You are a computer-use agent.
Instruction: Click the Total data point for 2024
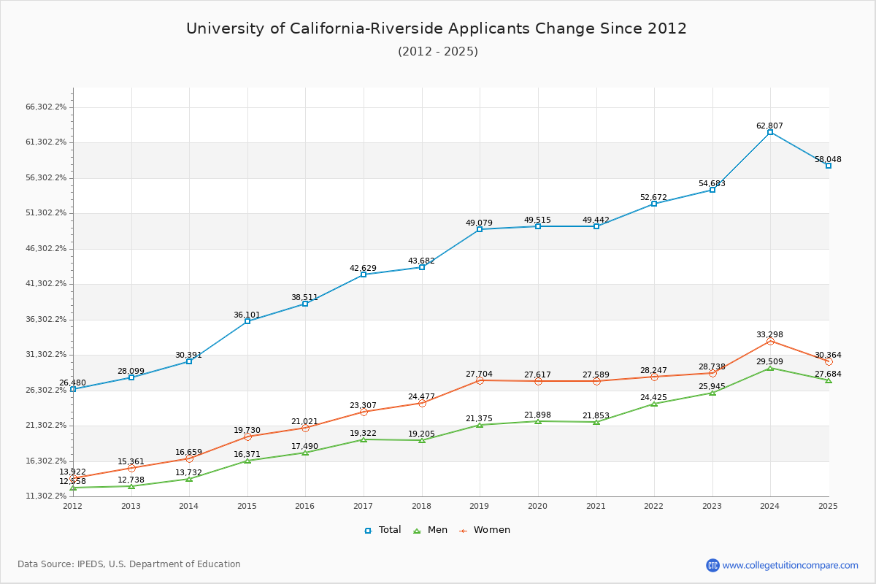click(770, 132)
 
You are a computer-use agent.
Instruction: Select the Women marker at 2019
click(480, 380)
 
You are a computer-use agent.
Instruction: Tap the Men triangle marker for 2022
click(654, 404)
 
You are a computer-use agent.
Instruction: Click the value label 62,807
click(769, 126)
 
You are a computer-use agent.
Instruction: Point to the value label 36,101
click(247, 315)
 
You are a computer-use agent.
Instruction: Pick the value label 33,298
click(769, 334)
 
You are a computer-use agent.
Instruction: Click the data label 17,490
click(304, 446)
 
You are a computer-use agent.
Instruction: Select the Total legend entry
click(383, 530)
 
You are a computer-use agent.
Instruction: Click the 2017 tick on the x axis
click(363, 505)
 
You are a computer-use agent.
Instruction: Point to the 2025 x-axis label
click(828, 505)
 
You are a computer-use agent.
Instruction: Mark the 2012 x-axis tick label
click(73, 505)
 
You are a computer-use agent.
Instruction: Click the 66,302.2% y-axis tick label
click(46, 107)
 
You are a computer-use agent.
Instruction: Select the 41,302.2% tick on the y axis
click(46, 283)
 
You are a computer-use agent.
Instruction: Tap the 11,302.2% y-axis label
click(46, 496)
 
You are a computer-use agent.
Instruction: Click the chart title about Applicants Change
click(437, 28)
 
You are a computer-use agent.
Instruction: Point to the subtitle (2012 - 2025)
click(437, 51)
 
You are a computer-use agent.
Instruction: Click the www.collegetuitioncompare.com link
click(790, 565)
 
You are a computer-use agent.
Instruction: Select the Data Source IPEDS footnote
click(129, 564)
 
